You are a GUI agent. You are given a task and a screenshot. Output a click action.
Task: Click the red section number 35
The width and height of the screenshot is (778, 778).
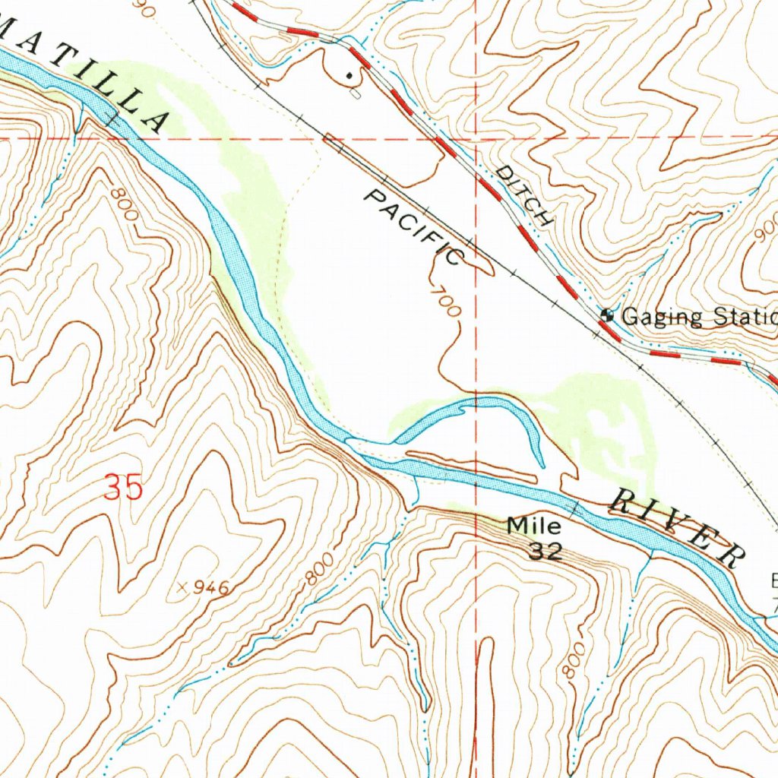(x=123, y=487)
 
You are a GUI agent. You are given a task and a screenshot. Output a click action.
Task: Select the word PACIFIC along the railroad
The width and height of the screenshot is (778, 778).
(x=414, y=227)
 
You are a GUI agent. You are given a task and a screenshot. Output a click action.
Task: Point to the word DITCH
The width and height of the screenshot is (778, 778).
(x=523, y=195)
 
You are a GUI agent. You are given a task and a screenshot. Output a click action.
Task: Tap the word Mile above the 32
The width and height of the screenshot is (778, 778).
(x=534, y=525)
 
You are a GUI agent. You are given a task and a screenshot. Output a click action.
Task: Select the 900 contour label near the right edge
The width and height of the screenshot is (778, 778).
(x=766, y=227)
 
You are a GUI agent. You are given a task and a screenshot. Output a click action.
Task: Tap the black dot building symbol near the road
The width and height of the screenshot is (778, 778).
(x=349, y=75)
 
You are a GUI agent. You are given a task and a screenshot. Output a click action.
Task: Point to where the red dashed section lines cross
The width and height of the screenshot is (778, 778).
(x=476, y=139)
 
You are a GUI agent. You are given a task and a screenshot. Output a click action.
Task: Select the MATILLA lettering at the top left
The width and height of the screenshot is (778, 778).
(x=91, y=84)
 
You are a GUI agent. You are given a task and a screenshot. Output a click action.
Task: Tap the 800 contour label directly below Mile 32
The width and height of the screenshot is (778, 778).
(x=571, y=659)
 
